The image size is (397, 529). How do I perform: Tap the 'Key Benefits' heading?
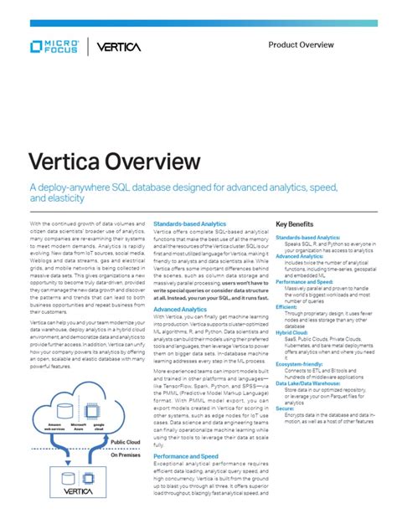tap(294, 224)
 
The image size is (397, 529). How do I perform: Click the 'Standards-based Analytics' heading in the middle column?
tap(189, 224)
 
